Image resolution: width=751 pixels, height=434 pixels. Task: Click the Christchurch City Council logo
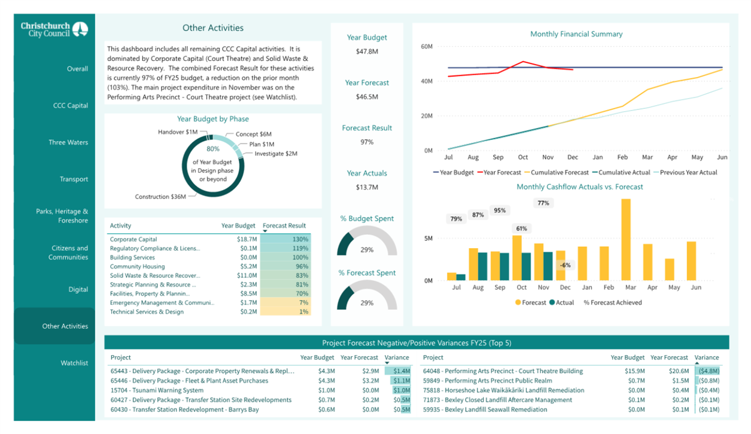54,29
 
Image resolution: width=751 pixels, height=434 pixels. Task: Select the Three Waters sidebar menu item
68,142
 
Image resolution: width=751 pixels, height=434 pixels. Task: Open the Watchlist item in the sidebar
74,363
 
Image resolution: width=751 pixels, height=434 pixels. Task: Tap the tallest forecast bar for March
626,240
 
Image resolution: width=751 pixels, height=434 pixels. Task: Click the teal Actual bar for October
527,267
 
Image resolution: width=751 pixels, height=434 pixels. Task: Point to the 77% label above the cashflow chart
543,203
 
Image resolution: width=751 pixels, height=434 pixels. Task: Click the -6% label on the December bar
565,265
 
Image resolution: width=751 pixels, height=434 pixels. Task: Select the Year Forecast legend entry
499,172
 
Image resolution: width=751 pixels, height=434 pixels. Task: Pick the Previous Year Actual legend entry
685,172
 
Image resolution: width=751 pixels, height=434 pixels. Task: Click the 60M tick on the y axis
427,47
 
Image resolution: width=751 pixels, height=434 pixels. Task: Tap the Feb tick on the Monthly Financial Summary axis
622,157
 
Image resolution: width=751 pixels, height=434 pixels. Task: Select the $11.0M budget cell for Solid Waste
247,275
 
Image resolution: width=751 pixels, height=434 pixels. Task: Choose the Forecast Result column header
284,226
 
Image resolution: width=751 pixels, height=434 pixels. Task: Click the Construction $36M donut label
160,197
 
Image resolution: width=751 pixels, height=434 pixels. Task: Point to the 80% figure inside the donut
213,149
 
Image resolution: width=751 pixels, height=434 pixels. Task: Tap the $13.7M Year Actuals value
367,187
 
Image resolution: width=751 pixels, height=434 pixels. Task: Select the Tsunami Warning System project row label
157,390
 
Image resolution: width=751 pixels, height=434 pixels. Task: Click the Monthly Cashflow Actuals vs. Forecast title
579,187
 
